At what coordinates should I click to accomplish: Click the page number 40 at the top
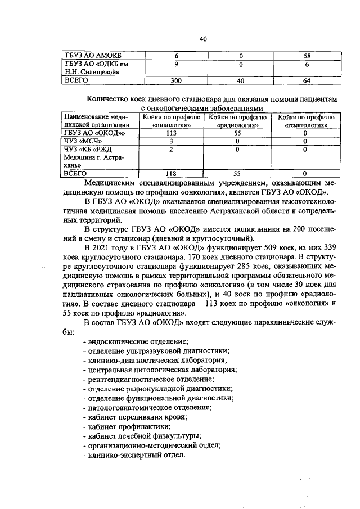tap(204, 39)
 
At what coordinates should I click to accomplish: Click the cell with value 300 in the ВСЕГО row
tap(176, 81)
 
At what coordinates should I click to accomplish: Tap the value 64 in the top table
tap(307, 81)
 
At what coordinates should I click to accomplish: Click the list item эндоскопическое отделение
tap(135, 341)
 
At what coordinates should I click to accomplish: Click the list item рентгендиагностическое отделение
tap(145, 379)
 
